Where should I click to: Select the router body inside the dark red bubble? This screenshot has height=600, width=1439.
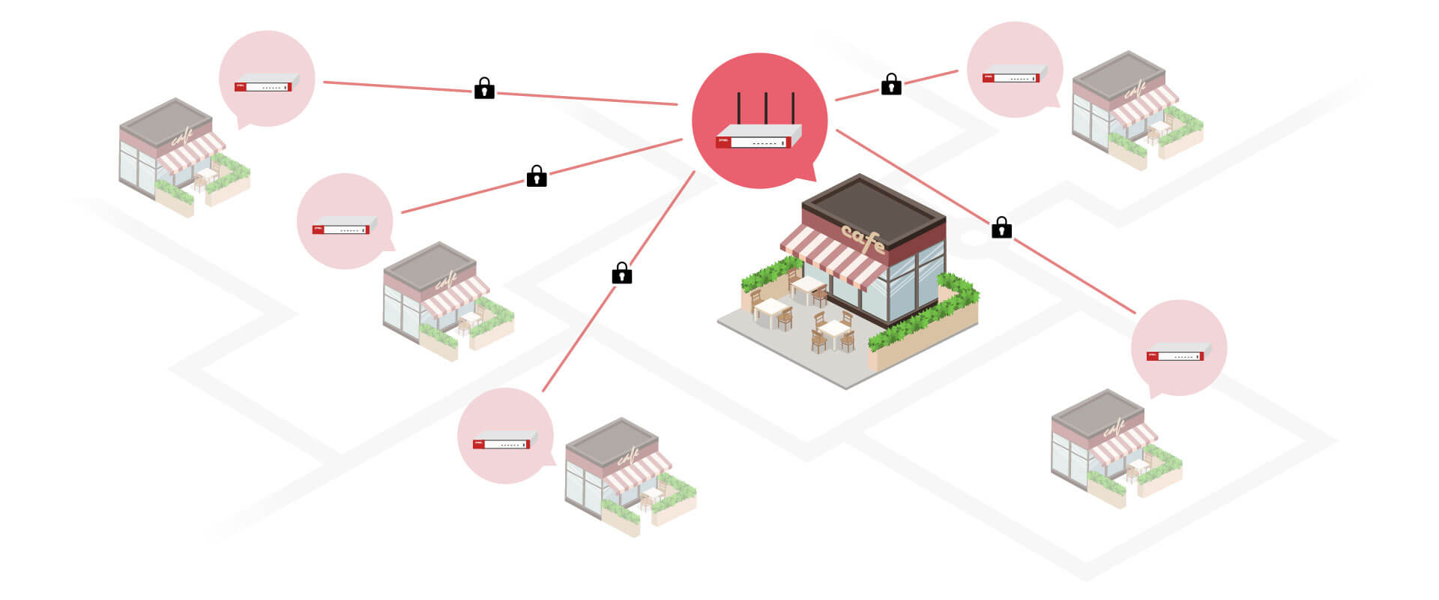[x=758, y=138]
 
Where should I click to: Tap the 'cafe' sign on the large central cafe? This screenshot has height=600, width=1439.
[x=863, y=238]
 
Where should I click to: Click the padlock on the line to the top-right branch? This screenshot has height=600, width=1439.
[x=890, y=84]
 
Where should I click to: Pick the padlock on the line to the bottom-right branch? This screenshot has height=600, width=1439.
[x=1001, y=228]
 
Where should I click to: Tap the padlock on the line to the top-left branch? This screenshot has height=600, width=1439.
[x=484, y=88]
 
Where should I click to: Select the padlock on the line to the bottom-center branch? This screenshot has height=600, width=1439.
[x=621, y=274]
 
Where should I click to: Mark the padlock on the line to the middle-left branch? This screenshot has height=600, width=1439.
[x=537, y=176]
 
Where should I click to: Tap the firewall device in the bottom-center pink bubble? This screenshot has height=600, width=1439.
[x=504, y=442]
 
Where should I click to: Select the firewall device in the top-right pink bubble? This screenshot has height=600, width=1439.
[x=1014, y=75]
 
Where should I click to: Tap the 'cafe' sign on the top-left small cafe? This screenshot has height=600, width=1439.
[x=182, y=138]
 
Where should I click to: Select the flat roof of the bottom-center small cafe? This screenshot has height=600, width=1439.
[x=612, y=439]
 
